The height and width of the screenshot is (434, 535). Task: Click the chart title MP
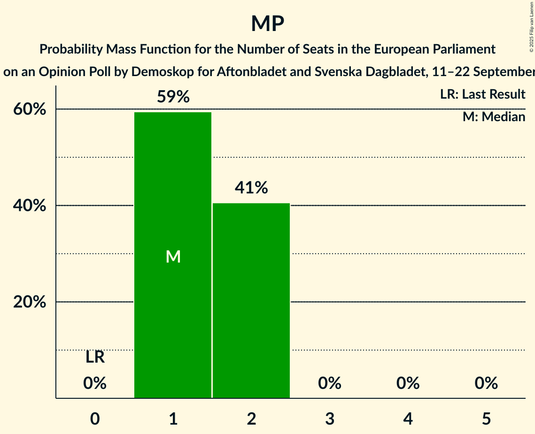267,23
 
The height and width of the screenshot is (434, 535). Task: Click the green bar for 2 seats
251,301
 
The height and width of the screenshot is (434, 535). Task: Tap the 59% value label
173,97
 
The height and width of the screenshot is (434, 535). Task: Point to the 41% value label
251,188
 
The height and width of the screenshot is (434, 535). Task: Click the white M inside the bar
173,256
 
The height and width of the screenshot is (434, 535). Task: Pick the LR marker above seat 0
95,357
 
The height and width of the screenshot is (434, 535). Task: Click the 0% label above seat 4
408,383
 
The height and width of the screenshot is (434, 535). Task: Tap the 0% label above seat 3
330,383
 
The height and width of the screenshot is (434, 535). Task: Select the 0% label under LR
95,383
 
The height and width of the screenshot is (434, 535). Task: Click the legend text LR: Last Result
482,94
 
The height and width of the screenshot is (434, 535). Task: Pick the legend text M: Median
494,116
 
